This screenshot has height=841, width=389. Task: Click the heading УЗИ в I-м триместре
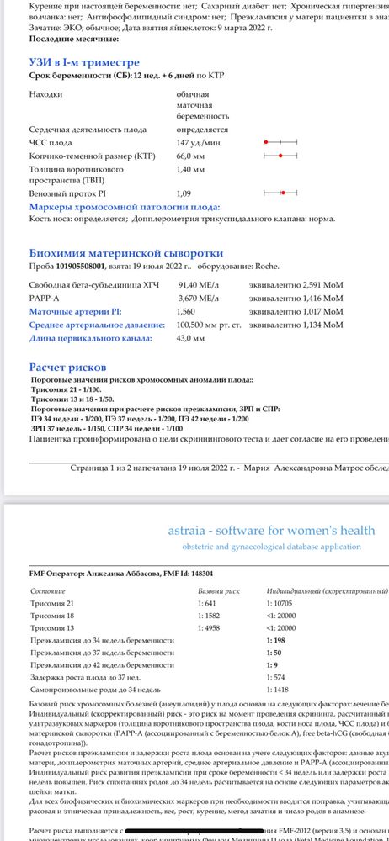click(84, 62)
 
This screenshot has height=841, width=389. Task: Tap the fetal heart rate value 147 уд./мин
click(197, 143)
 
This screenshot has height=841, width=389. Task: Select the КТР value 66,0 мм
click(193, 156)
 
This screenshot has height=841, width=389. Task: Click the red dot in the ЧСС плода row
click(265, 143)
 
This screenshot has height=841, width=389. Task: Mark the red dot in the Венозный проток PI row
click(283, 193)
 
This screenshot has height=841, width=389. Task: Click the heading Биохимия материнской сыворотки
click(125, 252)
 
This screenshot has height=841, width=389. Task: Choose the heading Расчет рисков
click(67, 368)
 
